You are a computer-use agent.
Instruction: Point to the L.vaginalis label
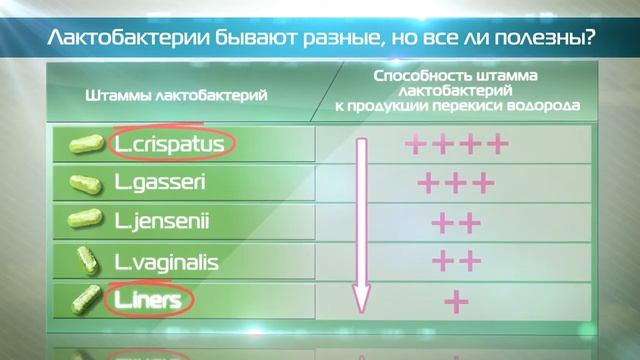tap(166, 263)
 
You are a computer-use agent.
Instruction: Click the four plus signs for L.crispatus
tap(457, 145)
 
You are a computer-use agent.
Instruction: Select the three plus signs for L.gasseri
tap(456, 184)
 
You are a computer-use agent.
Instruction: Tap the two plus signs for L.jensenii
tap(456, 222)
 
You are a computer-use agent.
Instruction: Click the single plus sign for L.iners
tap(456, 300)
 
